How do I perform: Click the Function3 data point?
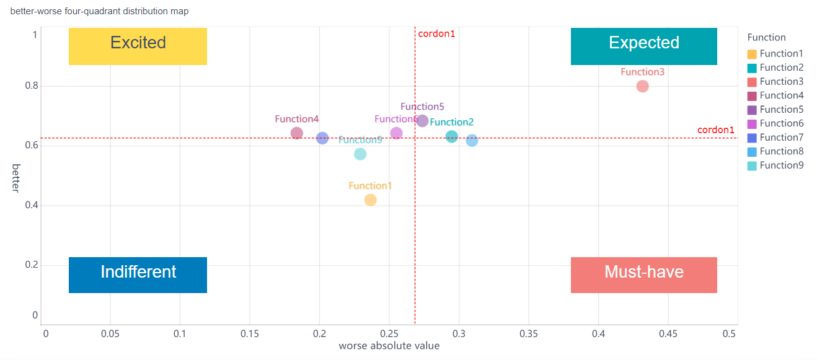[x=642, y=86]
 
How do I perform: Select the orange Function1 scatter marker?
[x=371, y=200]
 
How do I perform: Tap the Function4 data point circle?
[x=297, y=133]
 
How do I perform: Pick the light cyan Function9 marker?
[x=360, y=154]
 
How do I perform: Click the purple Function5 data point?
[x=422, y=121]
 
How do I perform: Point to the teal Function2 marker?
[x=452, y=136]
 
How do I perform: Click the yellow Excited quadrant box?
[x=138, y=46]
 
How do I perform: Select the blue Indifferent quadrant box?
[x=138, y=274]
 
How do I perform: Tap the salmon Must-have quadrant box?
[x=643, y=274]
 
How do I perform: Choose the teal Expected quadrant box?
[x=643, y=46]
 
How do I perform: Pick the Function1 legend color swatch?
[x=752, y=54]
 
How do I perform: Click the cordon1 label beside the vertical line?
[x=436, y=33]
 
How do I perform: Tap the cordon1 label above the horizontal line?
[x=715, y=130]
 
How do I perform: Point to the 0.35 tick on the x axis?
[x=528, y=333]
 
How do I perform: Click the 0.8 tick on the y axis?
[x=31, y=86]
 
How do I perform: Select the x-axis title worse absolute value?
[x=389, y=346]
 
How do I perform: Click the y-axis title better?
[x=16, y=178]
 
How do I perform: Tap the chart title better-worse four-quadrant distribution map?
[x=100, y=11]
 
